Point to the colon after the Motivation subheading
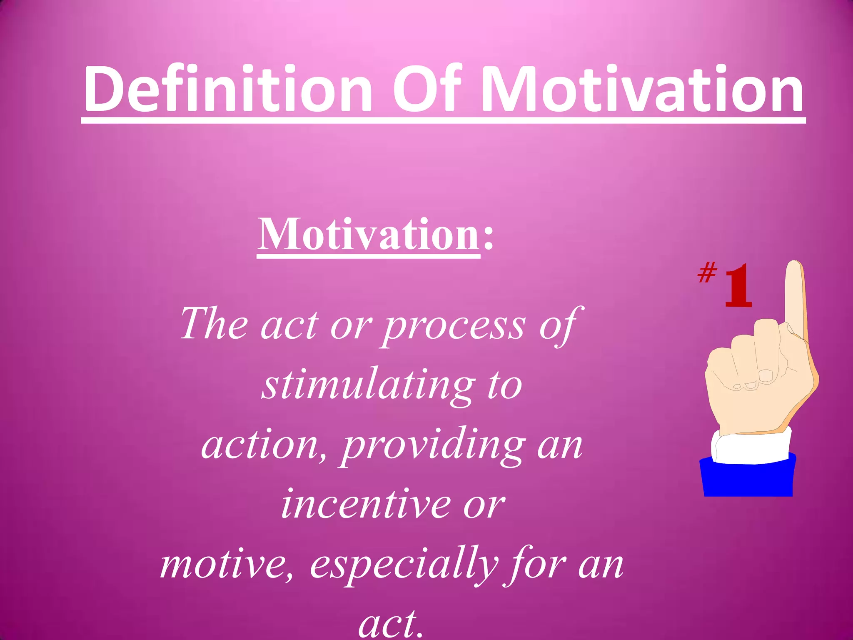[x=488, y=240]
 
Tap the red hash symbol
[x=707, y=272]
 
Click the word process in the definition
[x=454, y=325]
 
